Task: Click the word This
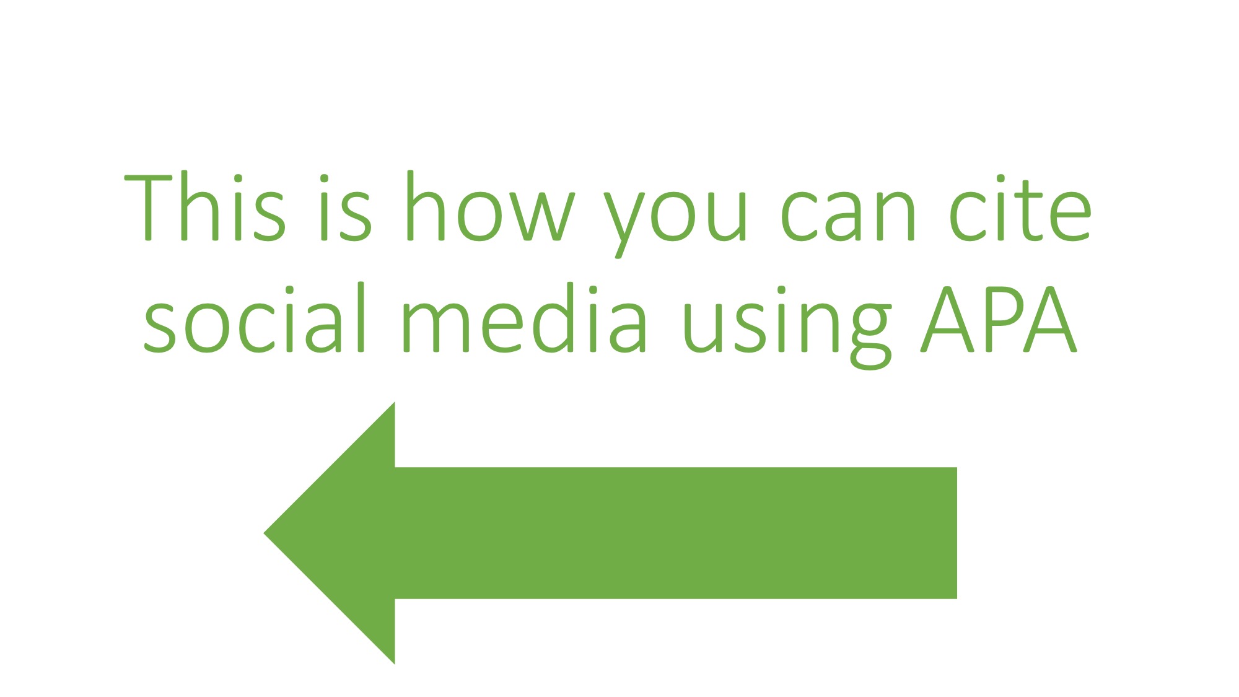coord(204,208)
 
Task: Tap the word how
coord(489,208)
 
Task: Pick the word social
coord(254,319)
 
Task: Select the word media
coord(524,319)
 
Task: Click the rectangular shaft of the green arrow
coord(675,533)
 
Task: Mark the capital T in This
coord(148,208)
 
